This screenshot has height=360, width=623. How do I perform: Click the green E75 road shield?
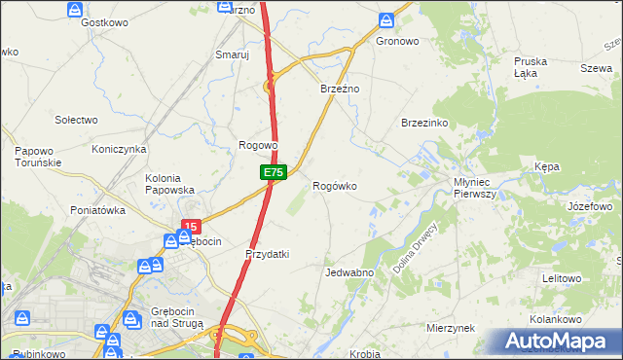tap(274, 172)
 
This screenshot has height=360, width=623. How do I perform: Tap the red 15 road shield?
tap(189, 227)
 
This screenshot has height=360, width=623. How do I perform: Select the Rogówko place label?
tap(334, 186)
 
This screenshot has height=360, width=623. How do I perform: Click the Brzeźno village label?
tap(341, 89)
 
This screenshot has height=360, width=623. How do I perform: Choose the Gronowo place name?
tap(396, 42)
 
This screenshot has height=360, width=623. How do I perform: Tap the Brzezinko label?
tap(423, 123)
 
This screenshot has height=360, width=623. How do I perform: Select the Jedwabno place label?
tap(350, 272)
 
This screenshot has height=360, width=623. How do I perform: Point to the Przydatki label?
tap(268, 254)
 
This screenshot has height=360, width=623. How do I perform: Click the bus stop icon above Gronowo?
tap(386, 19)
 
